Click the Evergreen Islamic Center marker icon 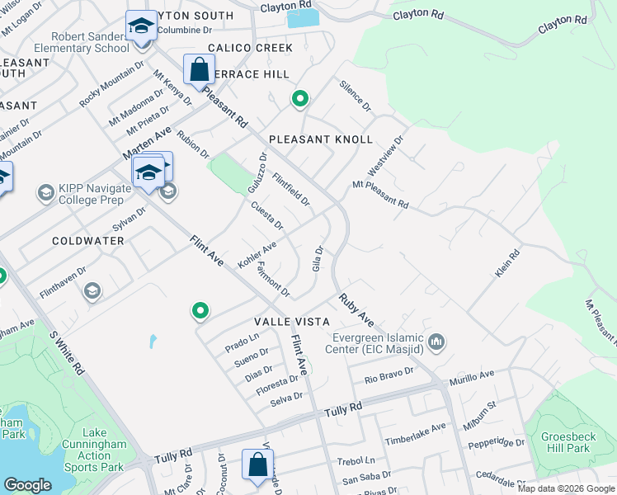coord(438,341)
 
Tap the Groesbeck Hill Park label coord(567,442)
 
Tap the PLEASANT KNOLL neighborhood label coord(320,139)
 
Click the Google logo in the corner coord(28,485)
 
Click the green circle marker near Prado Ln coord(200,311)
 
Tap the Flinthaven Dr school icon coord(92,290)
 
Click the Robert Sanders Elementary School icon coord(141,26)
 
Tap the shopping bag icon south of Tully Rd coord(257,464)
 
